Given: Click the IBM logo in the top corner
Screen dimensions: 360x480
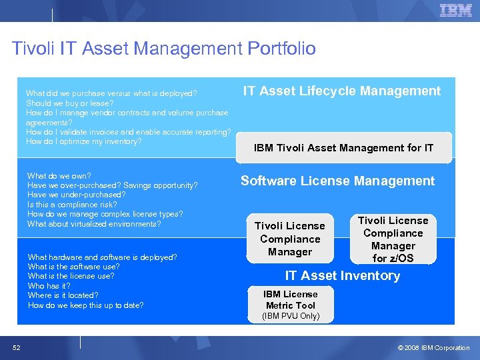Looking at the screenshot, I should click(x=456, y=11).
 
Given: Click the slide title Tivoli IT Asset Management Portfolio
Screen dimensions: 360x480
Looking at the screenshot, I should click(x=164, y=49).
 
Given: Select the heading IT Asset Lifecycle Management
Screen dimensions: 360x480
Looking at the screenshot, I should click(x=341, y=91).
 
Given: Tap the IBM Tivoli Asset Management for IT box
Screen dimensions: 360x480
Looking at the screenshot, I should click(x=343, y=148).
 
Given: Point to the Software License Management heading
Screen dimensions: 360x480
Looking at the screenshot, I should click(x=337, y=181).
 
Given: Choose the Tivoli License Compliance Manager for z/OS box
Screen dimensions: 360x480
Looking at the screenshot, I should click(x=393, y=239).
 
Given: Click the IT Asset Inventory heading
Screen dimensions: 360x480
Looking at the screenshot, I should click(x=342, y=275).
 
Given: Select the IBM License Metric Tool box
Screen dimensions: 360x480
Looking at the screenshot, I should click(x=291, y=299).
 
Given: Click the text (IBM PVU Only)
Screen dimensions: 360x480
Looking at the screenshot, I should click(x=291, y=316).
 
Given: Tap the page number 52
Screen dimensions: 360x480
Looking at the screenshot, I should click(x=16, y=347).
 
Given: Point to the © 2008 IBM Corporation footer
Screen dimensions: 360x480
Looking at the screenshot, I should click(x=433, y=348).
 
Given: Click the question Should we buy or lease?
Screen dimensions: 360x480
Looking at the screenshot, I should click(x=69, y=103).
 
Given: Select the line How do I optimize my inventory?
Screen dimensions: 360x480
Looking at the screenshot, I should click(x=83, y=141).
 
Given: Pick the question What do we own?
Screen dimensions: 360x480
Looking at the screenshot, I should click(x=59, y=176).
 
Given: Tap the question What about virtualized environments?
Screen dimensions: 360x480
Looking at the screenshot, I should click(x=94, y=224).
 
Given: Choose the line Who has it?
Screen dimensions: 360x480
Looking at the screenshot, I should click(x=49, y=285).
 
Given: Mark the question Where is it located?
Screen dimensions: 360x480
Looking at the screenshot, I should click(x=63, y=295).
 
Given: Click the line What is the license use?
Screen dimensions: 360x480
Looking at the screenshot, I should click(x=71, y=276).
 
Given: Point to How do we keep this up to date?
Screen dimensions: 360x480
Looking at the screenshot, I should click(x=85, y=305).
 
